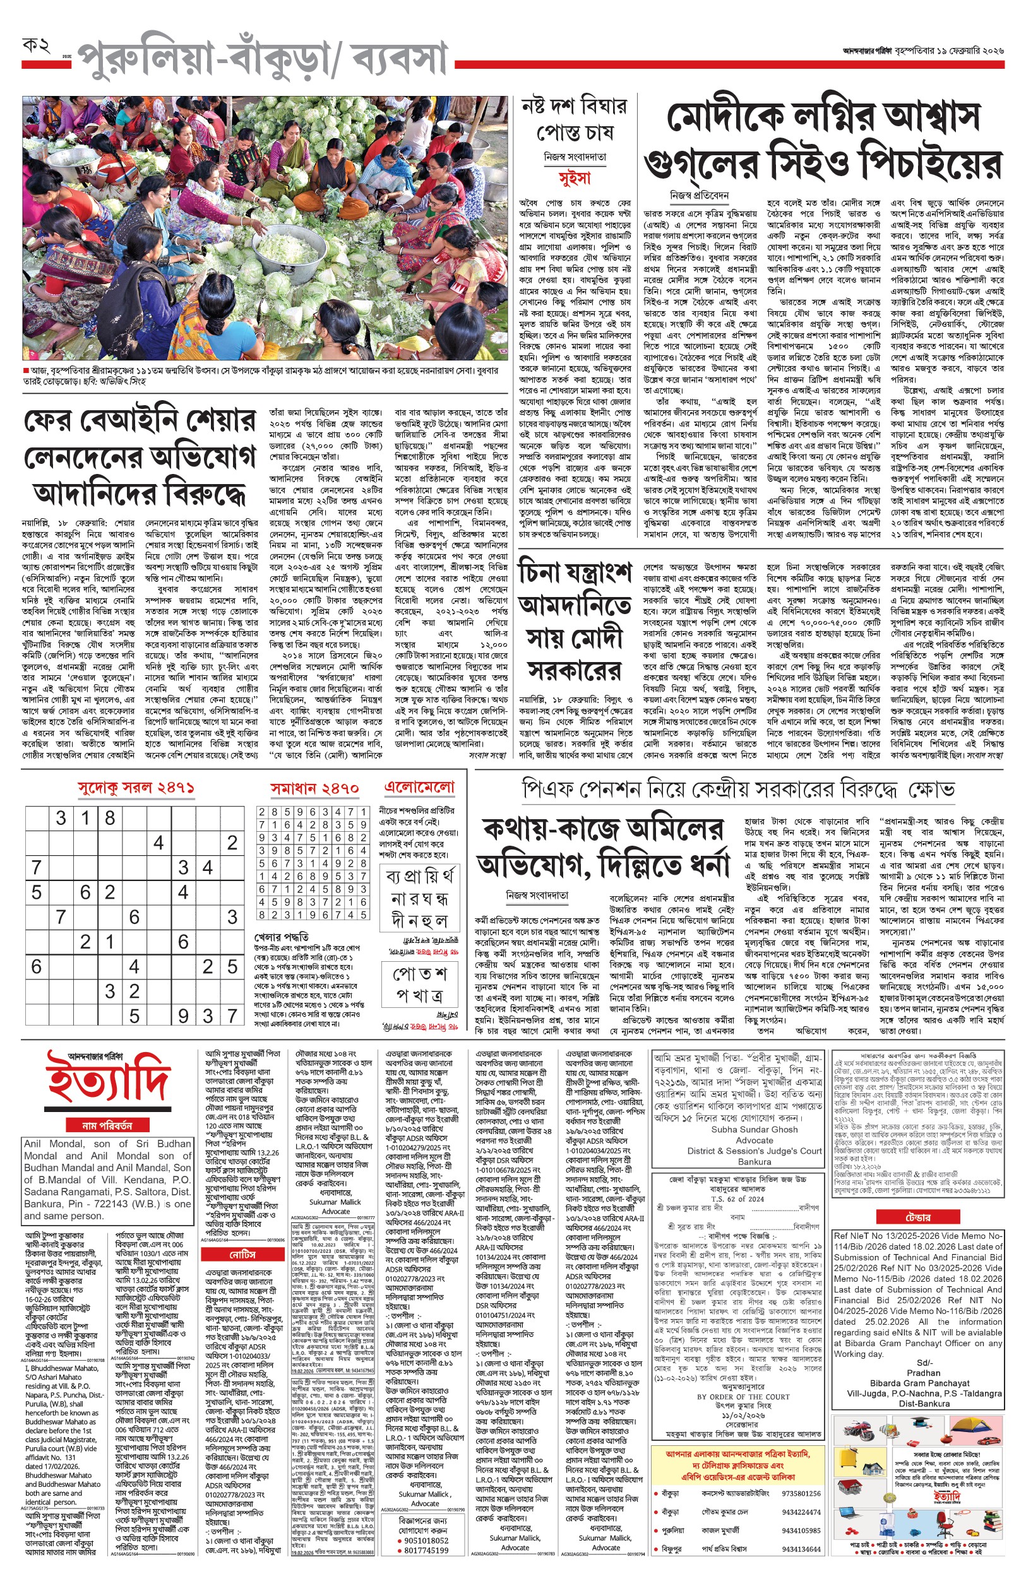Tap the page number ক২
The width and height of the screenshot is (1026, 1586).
[x=36, y=46]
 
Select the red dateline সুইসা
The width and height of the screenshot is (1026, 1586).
[x=575, y=179]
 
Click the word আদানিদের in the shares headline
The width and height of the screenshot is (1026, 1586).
[x=93, y=492]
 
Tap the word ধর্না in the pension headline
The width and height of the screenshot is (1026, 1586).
[x=701, y=865]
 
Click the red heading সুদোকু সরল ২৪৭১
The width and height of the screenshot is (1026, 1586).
[x=136, y=788]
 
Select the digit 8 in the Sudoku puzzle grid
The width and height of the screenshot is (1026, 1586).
[x=110, y=818]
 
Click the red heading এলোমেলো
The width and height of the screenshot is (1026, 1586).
[x=420, y=787]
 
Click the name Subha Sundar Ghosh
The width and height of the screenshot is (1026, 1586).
[x=754, y=1129]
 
